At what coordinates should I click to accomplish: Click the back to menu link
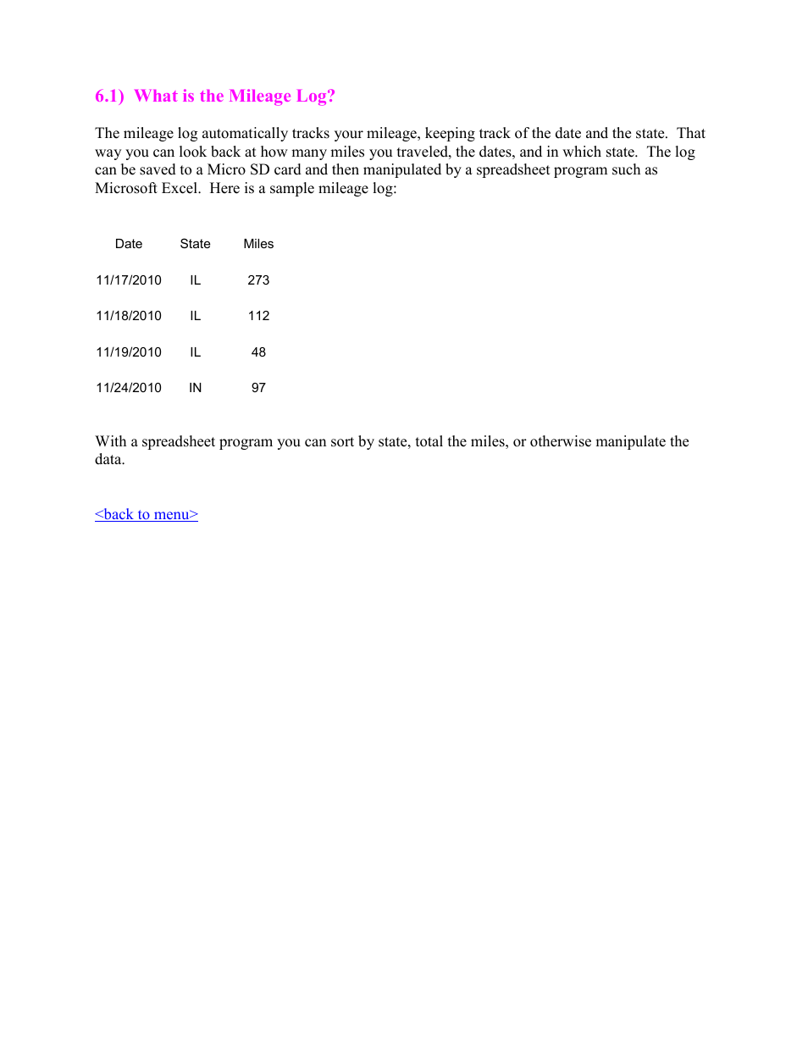coord(147,514)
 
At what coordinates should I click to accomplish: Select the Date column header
coord(129,244)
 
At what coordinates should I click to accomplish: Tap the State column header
coord(195,244)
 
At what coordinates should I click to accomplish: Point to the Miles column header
coord(258,244)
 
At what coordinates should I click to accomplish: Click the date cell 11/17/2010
coord(129,280)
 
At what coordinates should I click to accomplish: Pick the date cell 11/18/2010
coord(129,316)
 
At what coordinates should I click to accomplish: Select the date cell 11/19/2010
coord(129,352)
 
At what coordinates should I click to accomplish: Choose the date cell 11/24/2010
coord(129,388)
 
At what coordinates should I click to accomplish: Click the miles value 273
coord(258,280)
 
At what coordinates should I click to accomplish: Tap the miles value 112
coord(258,316)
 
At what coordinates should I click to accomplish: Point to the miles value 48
coord(258,352)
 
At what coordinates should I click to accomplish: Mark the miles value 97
coord(258,388)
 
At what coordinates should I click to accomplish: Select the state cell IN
coord(195,388)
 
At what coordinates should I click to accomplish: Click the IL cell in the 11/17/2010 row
coord(195,280)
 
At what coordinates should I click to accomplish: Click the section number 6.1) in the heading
coord(109,97)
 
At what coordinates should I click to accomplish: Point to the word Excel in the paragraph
coord(180,188)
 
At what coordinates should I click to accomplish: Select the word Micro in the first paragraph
coord(226,169)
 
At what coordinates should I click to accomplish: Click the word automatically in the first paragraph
coord(245,133)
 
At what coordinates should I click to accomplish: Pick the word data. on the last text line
coord(110,459)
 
